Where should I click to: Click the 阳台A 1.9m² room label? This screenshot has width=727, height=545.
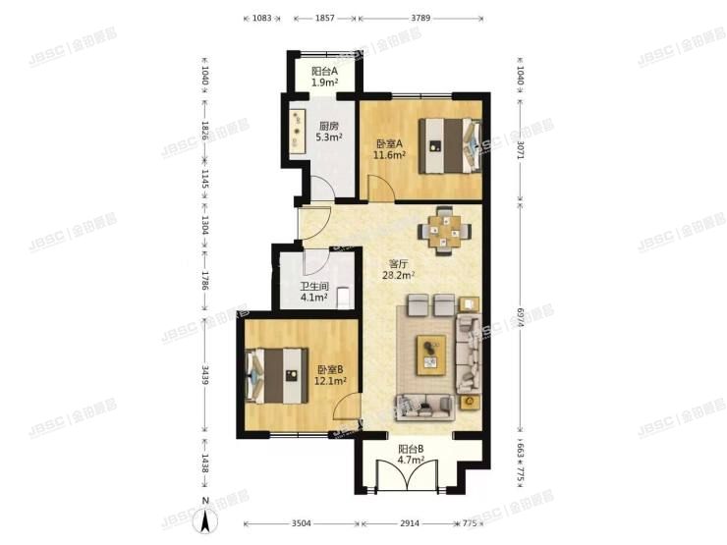click(324, 78)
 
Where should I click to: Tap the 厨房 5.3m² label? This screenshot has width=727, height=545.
click(329, 132)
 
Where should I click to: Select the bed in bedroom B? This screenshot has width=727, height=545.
click(279, 374)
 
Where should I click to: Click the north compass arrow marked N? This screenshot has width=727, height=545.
click(206, 518)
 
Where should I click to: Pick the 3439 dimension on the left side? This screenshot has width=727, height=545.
click(204, 376)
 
